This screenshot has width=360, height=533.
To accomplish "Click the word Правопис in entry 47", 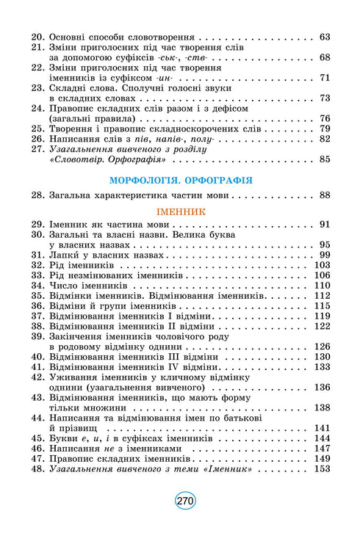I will pos(72,457).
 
